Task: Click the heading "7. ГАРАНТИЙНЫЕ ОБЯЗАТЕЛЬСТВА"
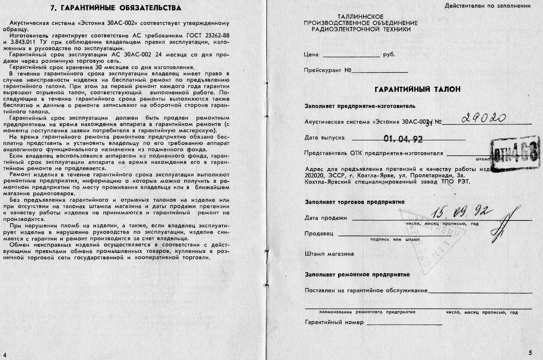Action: (116, 8)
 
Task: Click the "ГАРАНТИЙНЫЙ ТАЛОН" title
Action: (417, 89)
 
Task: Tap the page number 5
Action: (530, 353)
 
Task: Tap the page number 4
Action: (5, 355)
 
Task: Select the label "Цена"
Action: (311, 55)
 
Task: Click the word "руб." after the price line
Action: (389, 55)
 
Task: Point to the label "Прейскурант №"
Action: (327, 71)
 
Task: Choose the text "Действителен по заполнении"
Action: (488, 6)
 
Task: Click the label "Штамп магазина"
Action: (329, 254)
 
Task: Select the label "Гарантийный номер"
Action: (334, 322)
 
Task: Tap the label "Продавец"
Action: (319, 234)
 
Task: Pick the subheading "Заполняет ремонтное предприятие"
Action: (357, 275)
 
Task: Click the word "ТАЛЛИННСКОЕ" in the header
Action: (360, 17)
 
